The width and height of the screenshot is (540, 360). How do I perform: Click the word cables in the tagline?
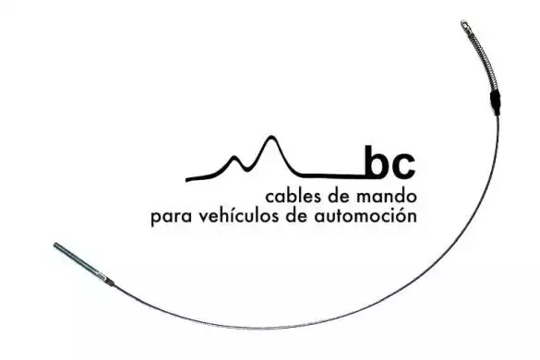(x=294, y=197)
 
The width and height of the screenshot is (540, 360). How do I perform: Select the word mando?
(x=387, y=197)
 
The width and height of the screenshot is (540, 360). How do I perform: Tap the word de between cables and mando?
(x=341, y=197)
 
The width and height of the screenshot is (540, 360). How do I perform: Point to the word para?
(x=171, y=218)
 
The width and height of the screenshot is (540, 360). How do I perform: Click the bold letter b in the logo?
(x=378, y=162)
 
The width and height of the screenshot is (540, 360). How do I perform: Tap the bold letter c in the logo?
(x=403, y=167)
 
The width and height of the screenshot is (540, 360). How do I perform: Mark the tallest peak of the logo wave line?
(x=271, y=138)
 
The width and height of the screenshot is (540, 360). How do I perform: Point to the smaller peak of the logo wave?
(x=234, y=158)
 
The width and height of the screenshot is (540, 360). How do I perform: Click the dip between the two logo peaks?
(x=246, y=170)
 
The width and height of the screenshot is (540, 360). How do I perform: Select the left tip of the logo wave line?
(x=186, y=179)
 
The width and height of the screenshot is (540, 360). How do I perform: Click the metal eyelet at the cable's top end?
(x=465, y=26)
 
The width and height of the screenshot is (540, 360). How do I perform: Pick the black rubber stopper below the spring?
(x=496, y=102)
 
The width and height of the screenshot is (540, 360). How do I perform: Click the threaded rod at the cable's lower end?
(x=80, y=261)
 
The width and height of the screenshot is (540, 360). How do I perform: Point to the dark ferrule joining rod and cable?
(x=110, y=282)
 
